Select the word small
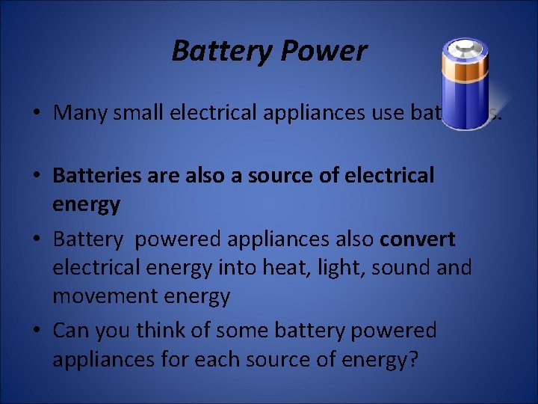tap(140, 113)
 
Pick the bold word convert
tap(418, 239)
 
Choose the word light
tap(378, 267)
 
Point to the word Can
tap(69, 330)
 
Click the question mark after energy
tap(412, 360)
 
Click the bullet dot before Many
tap(36, 114)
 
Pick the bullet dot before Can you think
tap(36, 331)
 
